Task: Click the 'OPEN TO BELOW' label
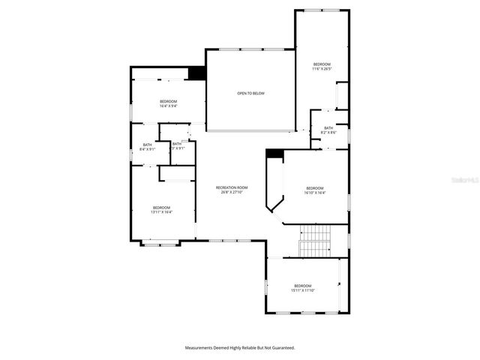(x=250, y=94)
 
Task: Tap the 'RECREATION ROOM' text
(x=232, y=187)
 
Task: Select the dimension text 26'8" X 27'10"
(x=232, y=193)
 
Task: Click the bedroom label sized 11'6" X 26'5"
(x=322, y=64)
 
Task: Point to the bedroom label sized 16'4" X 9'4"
(x=168, y=101)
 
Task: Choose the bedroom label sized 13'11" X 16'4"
(x=161, y=208)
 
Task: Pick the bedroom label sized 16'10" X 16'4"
(x=314, y=187)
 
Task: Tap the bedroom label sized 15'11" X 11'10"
(x=302, y=286)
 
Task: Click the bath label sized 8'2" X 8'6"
(x=328, y=128)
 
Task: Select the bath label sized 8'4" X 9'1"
(x=147, y=145)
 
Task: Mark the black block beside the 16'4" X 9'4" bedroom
(x=196, y=73)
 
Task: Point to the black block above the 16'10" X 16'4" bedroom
(x=274, y=154)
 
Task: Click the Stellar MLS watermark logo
(x=466, y=181)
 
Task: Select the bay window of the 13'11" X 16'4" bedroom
(x=161, y=242)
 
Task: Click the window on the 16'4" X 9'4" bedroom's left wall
(x=131, y=112)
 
